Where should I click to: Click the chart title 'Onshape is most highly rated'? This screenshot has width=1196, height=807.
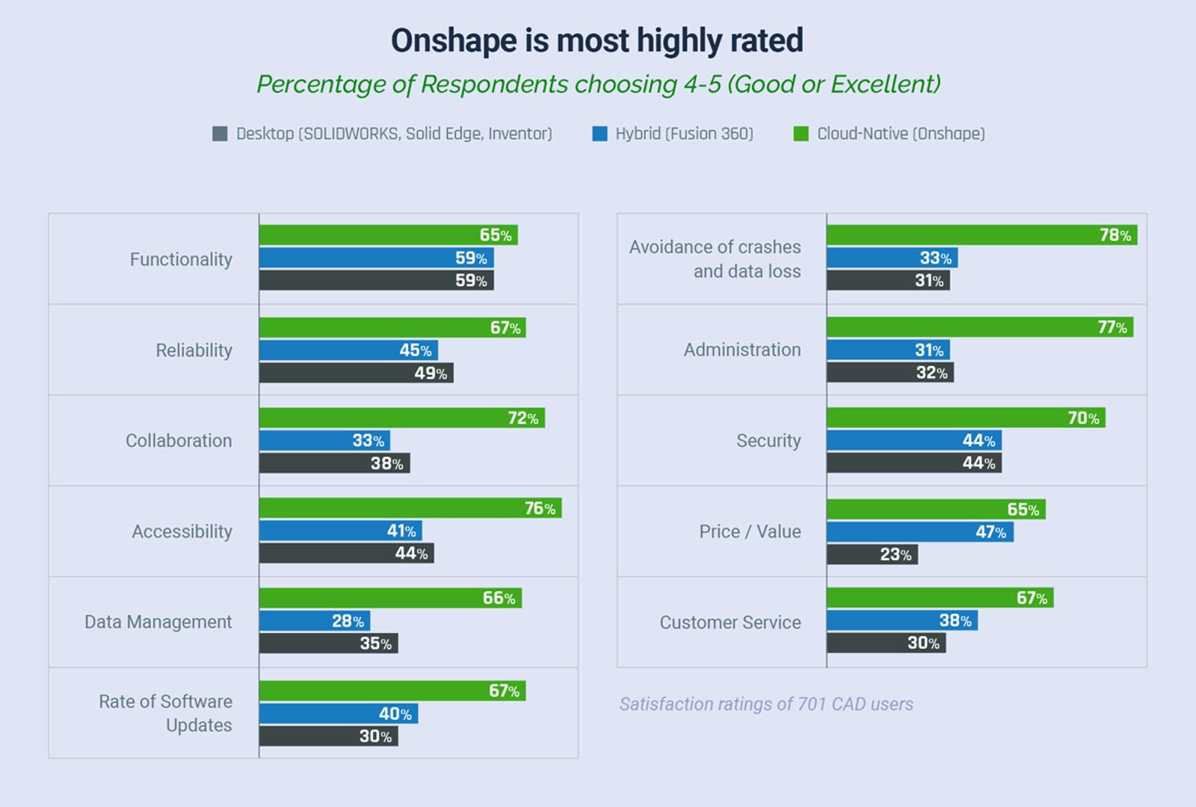pos(597,40)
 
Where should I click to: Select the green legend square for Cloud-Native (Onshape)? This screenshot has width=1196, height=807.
pos(801,134)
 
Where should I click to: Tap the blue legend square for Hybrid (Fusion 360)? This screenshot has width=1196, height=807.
pos(599,134)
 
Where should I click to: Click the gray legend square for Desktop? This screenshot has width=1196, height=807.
pos(220,134)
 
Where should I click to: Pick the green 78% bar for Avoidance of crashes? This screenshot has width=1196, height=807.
pos(981,235)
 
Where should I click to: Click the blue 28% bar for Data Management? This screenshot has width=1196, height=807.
pos(314,621)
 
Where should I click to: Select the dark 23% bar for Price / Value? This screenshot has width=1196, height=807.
pos(872,554)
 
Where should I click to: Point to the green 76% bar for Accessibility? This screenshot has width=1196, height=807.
pos(410,508)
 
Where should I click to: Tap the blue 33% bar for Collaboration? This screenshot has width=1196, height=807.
pos(324,440)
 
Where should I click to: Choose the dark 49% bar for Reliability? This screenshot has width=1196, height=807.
pos(356,373)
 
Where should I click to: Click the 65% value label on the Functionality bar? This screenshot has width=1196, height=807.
pos(496,235)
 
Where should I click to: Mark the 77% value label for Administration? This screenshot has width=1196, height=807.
pos(1112,327)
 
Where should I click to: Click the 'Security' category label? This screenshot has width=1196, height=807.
pos(768,441)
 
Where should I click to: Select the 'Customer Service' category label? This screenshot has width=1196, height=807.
pos(730,622)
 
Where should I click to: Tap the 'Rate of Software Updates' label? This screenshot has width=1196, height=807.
pos(166,713)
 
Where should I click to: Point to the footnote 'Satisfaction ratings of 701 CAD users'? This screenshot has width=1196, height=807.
pos(766,704)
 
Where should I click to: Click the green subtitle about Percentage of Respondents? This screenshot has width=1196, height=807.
pos(598,84)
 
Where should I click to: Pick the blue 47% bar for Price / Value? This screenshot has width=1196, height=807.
pos(919,532)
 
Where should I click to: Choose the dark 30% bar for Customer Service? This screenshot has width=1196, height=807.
pos(886,643)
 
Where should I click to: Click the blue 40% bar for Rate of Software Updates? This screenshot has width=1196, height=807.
pos(338,714)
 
